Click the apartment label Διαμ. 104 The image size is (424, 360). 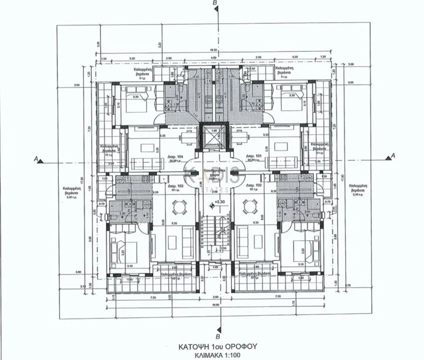click(176, 157)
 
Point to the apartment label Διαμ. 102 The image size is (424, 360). click(253, 186)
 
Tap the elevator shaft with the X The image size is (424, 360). click(213, 136)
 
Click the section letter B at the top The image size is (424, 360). click(215, 4)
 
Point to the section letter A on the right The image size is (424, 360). click(393, 156)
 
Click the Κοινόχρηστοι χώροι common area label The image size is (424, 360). click(213, 174)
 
